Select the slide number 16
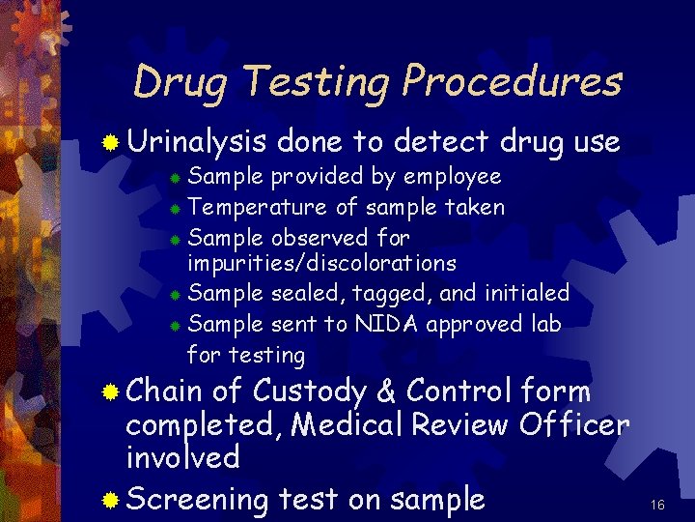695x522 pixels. pos(658,505)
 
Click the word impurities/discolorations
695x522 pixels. pos(321,263)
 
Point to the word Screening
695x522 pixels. pos(197,500)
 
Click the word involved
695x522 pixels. pos(182,456)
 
